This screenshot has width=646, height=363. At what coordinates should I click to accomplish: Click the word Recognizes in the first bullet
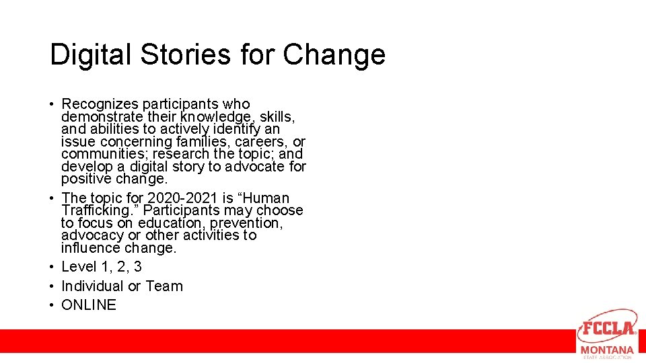(x=99, y=104)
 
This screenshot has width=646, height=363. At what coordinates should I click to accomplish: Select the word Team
(x=164, y=286)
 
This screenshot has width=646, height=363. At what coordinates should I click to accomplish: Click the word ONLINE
(x=89, y=305)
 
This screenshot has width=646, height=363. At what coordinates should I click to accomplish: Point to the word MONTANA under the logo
(x=607, y=350)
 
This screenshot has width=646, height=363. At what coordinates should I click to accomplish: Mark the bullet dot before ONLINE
(x=51, y=305)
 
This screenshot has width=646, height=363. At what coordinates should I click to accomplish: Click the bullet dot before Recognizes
(x=51, y=105)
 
